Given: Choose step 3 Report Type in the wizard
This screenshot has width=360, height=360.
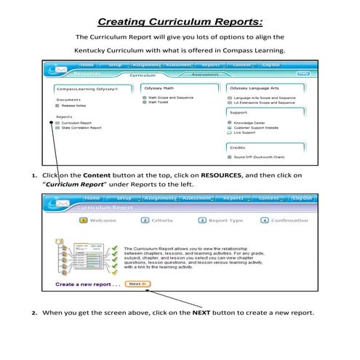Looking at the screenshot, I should [x=220, y=220].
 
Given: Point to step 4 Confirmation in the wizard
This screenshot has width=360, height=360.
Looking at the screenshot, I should [x=284, y=220].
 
